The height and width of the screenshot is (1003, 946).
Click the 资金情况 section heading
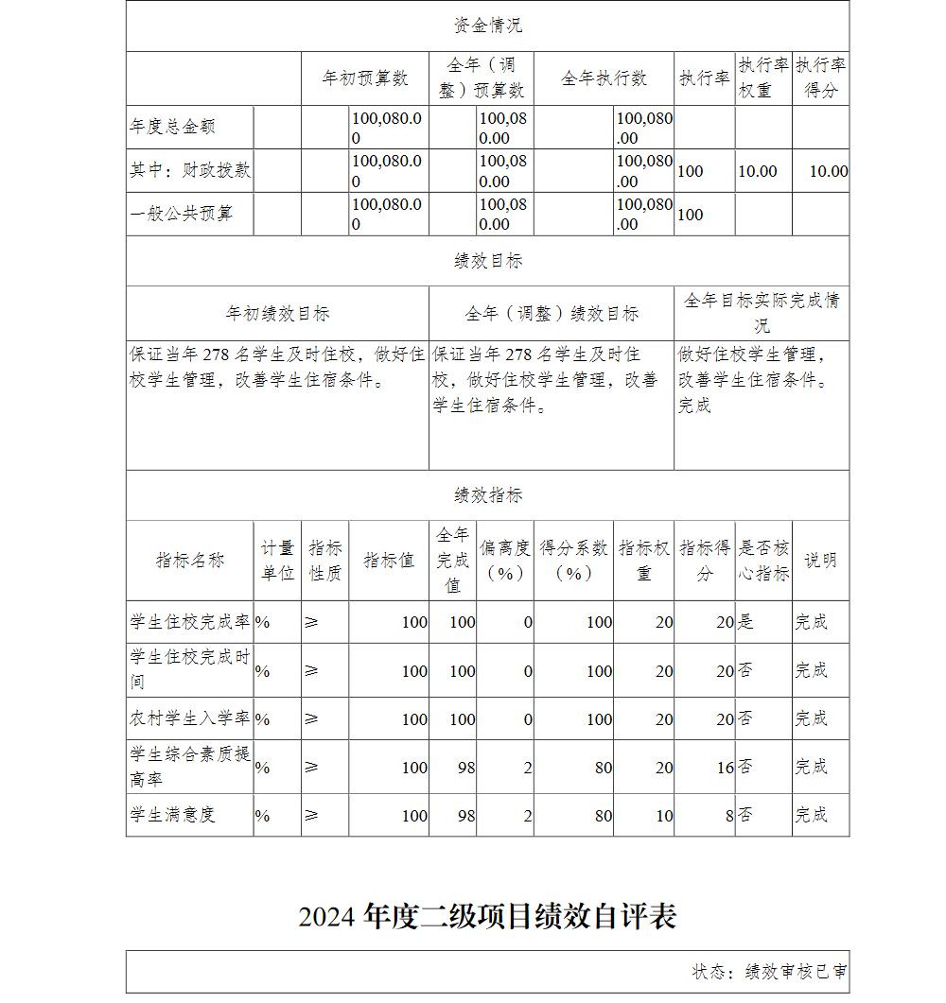(487, 26)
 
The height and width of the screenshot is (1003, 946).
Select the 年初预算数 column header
(365, 78)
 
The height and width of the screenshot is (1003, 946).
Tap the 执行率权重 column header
(763, 78)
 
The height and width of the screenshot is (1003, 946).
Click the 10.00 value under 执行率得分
(828, 171)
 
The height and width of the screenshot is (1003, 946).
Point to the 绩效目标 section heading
(487, 261)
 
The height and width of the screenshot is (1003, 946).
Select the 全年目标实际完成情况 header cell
(762, 313)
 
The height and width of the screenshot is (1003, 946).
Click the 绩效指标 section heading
(487, 495)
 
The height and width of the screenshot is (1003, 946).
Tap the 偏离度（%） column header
(505, 561)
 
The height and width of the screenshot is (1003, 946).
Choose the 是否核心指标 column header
(763, 561)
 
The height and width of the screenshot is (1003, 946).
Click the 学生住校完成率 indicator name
(190, 622)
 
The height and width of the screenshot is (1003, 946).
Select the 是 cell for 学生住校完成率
(745, 622)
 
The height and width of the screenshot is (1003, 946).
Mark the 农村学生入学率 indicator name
(190, 718)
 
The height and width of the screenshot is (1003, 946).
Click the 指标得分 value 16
(725, 768)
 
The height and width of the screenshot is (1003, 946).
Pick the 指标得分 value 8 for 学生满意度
(729, 816)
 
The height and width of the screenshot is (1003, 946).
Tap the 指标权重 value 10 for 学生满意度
(664, 816)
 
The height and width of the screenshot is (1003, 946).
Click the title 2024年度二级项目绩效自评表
(487, 917)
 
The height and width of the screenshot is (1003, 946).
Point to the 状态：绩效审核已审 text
(769, 972)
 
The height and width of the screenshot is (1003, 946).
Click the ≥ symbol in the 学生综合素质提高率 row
(311, 768)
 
